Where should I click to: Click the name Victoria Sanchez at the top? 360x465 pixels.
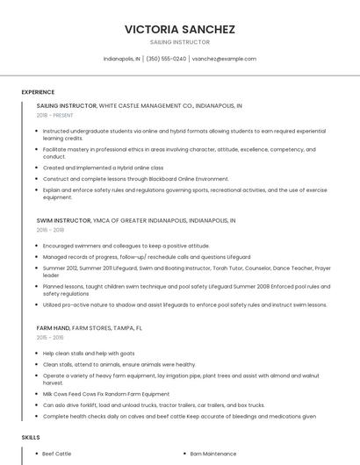(180, 29)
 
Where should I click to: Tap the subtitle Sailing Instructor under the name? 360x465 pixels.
(180, 42)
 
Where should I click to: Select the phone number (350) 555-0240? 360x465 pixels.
(167, 59)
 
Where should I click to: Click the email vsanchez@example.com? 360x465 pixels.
(224, 59)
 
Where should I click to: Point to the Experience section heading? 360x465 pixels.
(38, 92)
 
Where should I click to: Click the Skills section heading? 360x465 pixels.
(31, 436)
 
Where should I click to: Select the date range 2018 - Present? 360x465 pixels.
(54, 115)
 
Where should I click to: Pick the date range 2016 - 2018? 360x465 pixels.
(50, 230)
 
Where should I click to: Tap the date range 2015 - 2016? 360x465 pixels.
(50, 337)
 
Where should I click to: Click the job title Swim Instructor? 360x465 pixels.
(63, 220)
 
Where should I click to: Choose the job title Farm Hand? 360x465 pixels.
(54, 327)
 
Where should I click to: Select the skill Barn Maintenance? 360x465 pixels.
(213, 454)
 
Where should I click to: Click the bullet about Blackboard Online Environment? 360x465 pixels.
(135, 178)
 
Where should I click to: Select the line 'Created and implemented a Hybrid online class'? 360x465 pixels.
(103, 168)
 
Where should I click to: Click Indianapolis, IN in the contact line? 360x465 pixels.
(121, 59)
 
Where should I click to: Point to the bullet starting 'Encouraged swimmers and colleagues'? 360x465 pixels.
(126, 246)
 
